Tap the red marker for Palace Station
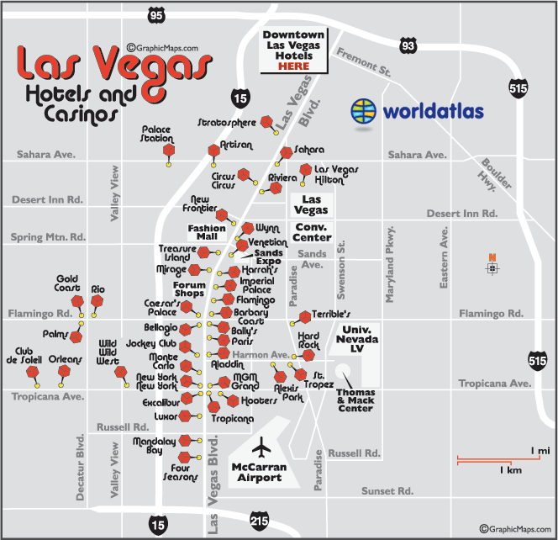click(168, 151)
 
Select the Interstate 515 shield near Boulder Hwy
click(516, 86)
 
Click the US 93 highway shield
click(408, 45)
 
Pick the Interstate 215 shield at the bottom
click(260, 521)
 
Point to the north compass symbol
click(492, 267)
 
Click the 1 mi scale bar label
click(539, 451)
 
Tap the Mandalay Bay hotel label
click(148, 445)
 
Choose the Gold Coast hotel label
click(67, 283)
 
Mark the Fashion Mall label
click(207, 232)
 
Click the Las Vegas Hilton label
click(335, 175)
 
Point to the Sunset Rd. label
click(387, 490)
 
